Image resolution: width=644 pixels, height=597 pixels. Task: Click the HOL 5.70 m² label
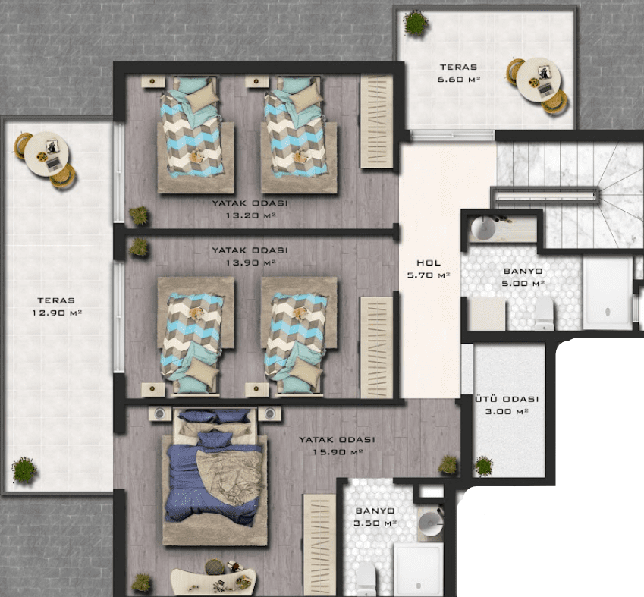click(x=429, y=269)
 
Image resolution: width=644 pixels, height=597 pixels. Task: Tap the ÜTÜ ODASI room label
click(x=507, y=399)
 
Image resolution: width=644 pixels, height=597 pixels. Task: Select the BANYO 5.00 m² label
click(x=523, y=277)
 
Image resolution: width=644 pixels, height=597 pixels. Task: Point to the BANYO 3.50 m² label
click(x=375, y=517)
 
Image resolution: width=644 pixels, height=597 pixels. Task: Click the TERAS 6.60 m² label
click(x=459, y=73)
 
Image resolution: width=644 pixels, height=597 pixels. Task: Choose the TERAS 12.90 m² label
click(x=57, y=306)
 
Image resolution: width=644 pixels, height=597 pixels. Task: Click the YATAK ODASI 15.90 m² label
click(x=337, y=446)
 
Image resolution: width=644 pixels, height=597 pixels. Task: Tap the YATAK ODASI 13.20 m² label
click(x=250, y=209)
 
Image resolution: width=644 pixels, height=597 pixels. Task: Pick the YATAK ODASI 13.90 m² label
click(x=250, y=256)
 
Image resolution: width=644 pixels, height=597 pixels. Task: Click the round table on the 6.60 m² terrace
click(x=538, y=80)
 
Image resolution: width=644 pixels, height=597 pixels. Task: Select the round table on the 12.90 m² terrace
click(x=46, y=154)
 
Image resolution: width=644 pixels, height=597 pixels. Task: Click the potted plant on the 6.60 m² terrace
click(x=416, y=22)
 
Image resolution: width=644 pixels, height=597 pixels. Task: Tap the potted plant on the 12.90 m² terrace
click(x=24, y=470)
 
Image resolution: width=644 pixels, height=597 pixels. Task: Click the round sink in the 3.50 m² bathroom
click(x=430, y=524)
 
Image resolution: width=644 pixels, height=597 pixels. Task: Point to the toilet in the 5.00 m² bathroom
click(x=544, y=313)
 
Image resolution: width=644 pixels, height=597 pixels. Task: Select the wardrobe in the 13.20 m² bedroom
click(x=377, y=121)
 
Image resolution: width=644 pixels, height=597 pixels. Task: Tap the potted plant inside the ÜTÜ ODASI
click(x=483, y=467)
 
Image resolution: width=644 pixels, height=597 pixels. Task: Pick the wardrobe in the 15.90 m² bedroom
click(x=319, y=545)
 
